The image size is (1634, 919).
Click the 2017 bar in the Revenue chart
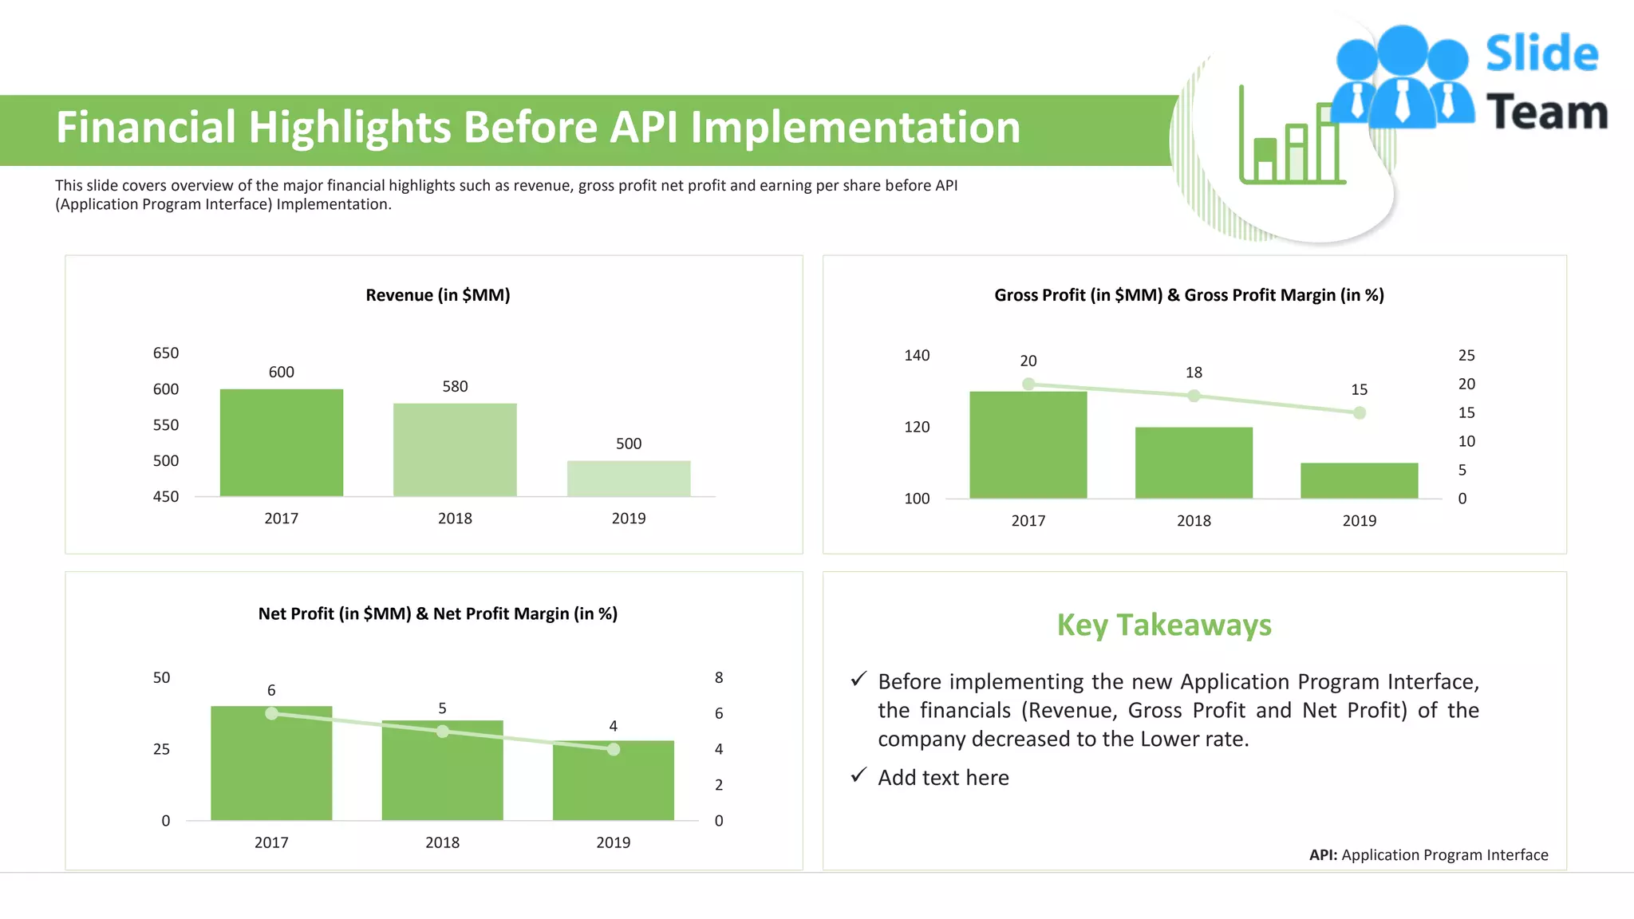click(282, 443)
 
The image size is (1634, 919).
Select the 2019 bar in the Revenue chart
click(629, 479)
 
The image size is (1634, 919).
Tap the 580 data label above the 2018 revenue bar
click(455, 386)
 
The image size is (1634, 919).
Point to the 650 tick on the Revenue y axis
click(166, 353)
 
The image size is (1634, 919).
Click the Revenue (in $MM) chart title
click(437, 295)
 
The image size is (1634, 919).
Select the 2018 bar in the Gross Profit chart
click(1194, 463)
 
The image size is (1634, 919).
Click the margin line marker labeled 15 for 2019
click(1360, 412)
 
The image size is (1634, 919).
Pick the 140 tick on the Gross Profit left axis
click(917, 355)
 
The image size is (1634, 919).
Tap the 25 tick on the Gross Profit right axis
click(1466, 355)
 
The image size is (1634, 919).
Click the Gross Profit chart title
click(1189, 295)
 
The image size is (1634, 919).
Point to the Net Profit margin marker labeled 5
click(443, 731)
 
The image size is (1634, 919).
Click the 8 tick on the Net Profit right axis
click(719, 677)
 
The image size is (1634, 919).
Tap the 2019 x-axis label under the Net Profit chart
click(613, 842)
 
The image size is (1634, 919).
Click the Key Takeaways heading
click(1164, 625)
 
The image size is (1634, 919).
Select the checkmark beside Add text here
click(858, 775)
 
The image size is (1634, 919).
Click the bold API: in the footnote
click(1323, 855)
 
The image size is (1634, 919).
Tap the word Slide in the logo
click(1541, 54)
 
